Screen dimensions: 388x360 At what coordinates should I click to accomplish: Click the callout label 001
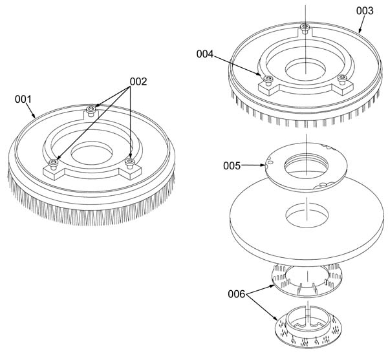23,99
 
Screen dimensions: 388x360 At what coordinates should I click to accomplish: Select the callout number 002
138,81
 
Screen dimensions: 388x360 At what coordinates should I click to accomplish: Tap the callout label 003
365,11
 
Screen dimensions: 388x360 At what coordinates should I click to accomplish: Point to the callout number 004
205,54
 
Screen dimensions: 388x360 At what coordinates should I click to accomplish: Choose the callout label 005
232,165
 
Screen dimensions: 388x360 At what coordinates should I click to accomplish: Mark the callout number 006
237,294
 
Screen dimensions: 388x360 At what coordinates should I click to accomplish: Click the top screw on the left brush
91,111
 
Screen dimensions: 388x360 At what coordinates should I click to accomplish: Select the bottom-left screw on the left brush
54,164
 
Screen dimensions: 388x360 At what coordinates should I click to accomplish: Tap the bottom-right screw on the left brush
129,163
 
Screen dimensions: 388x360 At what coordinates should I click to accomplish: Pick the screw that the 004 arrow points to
268,80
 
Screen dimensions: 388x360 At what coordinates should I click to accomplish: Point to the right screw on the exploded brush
342,79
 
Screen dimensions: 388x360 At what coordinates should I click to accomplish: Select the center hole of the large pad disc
307,215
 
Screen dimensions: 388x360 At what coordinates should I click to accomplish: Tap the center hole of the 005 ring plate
306,165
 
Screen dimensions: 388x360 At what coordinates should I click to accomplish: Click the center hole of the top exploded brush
306,70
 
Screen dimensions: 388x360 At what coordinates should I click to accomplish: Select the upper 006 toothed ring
307,282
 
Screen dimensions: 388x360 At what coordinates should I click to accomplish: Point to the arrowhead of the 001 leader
34,116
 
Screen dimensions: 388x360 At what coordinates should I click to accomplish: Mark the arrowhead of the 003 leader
360,30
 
